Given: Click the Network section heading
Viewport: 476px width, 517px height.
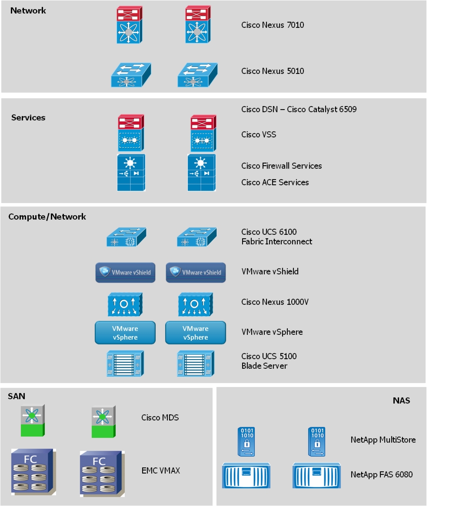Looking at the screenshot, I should coord(28,10).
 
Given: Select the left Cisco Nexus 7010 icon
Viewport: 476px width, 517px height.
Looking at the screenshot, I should coord(129,25).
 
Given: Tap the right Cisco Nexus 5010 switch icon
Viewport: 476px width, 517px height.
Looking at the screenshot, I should coord(197,75).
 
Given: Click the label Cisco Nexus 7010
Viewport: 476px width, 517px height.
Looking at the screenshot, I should coord(273,25).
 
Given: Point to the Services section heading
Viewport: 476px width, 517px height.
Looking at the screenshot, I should coord(28,117).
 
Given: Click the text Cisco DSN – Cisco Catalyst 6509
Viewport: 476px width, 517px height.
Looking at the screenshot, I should coord(299,109).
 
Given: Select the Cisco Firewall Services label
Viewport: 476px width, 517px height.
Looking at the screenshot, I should coord(281,166).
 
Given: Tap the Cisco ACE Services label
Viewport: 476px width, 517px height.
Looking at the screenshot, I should coord(275,182).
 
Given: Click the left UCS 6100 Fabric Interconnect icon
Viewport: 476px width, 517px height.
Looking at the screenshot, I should coord(126,237).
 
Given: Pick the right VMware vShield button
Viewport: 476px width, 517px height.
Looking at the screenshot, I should coord(196,273).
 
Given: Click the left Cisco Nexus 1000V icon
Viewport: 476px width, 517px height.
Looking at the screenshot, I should coord(125,304).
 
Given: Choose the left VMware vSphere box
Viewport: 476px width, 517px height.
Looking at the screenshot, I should coord(125,333).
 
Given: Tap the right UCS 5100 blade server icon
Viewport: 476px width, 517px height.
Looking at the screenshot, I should coord(196,364).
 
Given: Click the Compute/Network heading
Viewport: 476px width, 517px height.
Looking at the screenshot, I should coord(47,217).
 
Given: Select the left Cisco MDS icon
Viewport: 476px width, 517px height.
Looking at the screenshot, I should coord(33,420).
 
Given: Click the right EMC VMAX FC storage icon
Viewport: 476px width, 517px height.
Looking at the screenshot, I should coord(102,474).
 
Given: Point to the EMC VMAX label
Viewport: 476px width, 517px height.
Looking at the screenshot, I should coord(160,470).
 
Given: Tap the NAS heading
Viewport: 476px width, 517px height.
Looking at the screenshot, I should coord(401,400).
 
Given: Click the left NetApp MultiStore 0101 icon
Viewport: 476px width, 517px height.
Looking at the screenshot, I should coord(246,441).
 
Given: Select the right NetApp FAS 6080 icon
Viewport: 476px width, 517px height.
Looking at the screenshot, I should coord(316,476).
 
